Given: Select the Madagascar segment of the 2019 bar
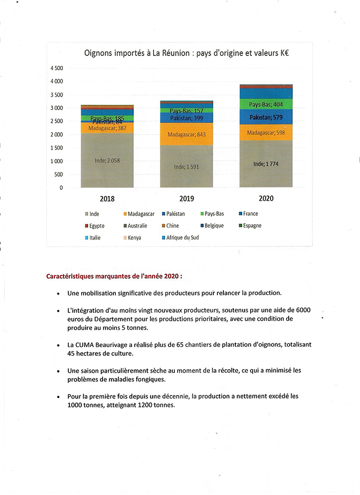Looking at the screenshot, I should [x=186, y=134].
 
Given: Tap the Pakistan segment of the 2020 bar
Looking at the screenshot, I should [x=265, y=117].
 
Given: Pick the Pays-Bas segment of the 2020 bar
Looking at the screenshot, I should [x=265, y=104].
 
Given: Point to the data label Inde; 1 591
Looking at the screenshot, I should [x=186, y=167].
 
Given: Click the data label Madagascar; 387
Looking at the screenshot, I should [x=107, y=128].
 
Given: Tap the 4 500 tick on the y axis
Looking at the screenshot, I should [x=57, y=68].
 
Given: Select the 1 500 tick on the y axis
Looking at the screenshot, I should [x=57, y=148].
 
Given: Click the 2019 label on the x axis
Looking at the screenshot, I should [x=186, y=199].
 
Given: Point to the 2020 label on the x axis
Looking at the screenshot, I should [x=265, y=198].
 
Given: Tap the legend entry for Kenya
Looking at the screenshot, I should [x=134, y=238].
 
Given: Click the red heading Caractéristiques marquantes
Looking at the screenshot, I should [x=114, y=275].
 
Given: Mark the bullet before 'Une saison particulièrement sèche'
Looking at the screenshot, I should [x=59, y=371].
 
